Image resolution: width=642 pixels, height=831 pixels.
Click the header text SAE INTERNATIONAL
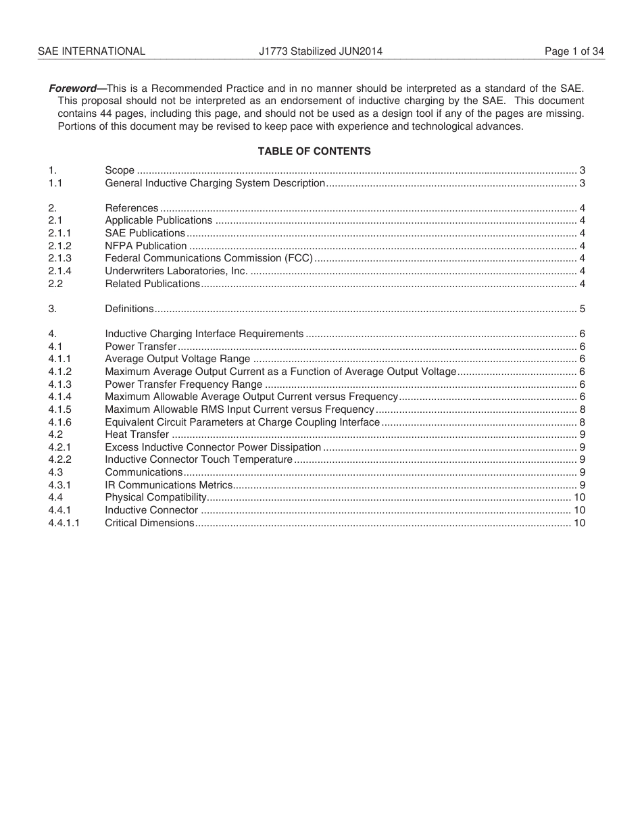[x=91, y=51]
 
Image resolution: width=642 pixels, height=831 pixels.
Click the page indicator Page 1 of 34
[x=574, y=51]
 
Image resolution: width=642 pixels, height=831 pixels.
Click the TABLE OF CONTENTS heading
[x=314, y=151]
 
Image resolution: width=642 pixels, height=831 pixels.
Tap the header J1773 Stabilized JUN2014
[x=320, y=51]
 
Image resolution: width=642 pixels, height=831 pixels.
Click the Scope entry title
[x=120, y=170]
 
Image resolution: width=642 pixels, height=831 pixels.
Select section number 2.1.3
[x=60, y=258]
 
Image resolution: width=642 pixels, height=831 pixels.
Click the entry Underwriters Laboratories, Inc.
[x=176, y=271]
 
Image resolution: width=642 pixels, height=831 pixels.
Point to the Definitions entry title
[x=129, y=309]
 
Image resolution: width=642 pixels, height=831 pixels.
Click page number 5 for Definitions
[x=582, y=309]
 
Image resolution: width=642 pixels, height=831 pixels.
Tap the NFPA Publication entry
[x=146, y=246]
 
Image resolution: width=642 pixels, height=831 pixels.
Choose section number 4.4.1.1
[x=64, y=523]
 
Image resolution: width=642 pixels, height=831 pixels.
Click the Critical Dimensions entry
[x=149, y=523]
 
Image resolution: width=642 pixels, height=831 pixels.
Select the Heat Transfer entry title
[x=137, y=434]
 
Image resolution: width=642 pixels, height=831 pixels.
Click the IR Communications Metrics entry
[x=168, y=485]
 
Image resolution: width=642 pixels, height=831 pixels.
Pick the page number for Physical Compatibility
[x=579, y=497]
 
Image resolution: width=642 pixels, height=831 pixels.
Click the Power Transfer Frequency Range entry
[x=183, y=384]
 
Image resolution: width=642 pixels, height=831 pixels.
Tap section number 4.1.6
[x=60, y=422]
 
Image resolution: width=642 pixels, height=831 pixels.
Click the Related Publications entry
[x=152, y=284]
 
